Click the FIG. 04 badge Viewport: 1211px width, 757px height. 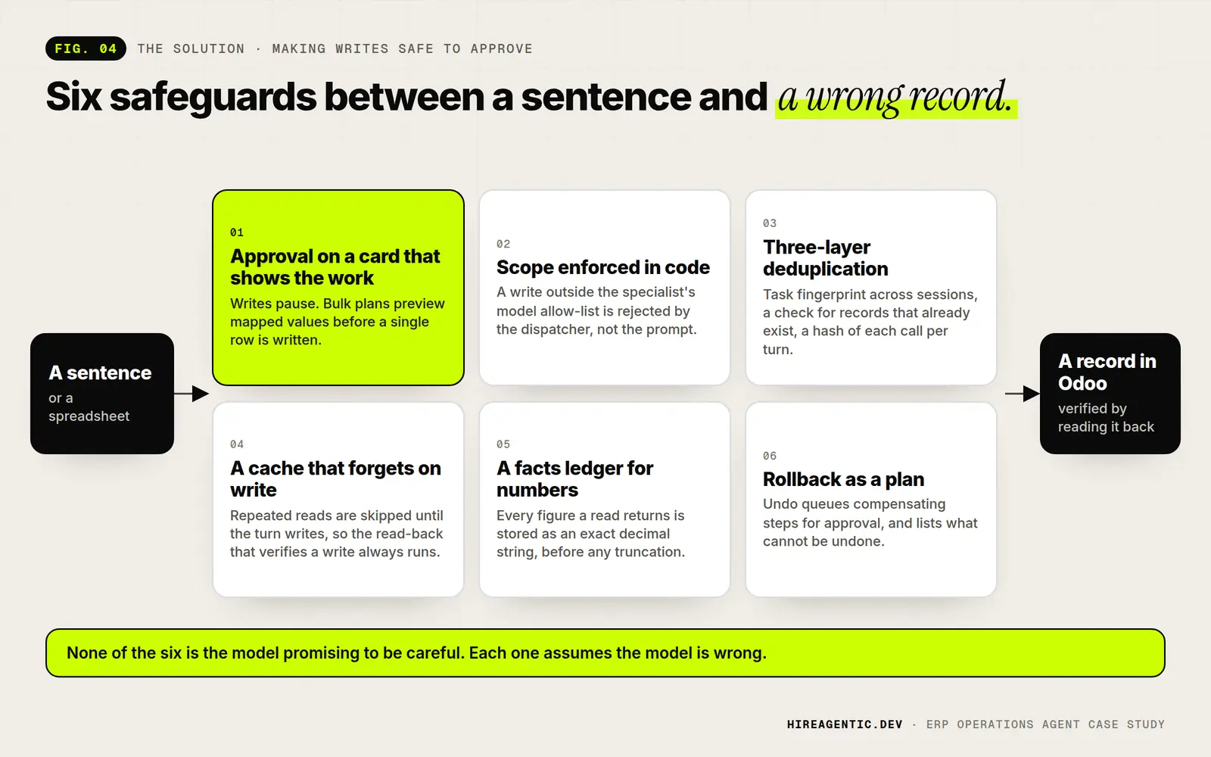(x=86, y=48)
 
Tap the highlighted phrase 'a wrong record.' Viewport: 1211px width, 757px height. (x=895, y=98)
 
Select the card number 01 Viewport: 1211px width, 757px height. (x=237, y=232)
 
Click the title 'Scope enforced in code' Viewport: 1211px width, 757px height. (x=602, y=267)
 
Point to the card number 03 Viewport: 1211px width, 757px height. (x=770, y=223)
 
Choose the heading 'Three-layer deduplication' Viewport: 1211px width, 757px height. (x=826, y=258)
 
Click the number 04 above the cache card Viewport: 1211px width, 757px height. (x=237, y=444)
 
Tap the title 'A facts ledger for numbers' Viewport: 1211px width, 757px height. (x=574, y=478)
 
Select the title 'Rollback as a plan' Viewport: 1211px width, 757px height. (x=843, y=479)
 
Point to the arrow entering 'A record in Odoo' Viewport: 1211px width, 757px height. (x=1023, y=394)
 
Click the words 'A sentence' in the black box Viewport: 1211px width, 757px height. (x=100, y=372)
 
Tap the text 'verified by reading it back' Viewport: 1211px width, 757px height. (x=1106, y=417)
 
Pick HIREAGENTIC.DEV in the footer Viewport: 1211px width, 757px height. (x=845, y=724)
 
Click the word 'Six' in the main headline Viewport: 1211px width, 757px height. (x=73, y=97)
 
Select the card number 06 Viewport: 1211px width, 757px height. (x=770, y=456)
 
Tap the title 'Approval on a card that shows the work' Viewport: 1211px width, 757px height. (x=335, y=267)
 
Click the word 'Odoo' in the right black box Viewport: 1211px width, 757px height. (x=1082, y=383)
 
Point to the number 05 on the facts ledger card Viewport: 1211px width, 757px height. (x=503, y=444)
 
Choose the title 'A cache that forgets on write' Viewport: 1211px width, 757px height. (x=335, y=478)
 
